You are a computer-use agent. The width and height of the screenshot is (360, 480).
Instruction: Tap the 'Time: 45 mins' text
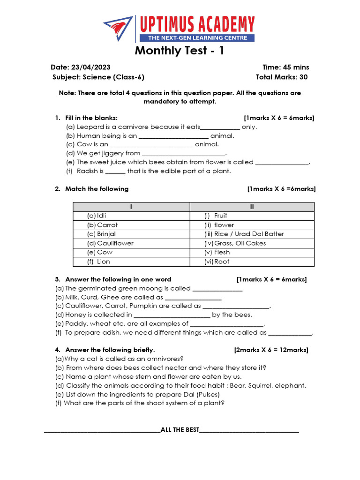tap(286, 67)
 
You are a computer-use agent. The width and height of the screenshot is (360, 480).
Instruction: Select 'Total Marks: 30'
tap(282, 77)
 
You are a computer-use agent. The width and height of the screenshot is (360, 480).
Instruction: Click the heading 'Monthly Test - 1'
tap(180, 51)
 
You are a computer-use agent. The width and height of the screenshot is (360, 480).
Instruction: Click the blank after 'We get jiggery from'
tap(183, 153)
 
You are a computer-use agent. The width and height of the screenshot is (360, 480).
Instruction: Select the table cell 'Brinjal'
tap(106, 234)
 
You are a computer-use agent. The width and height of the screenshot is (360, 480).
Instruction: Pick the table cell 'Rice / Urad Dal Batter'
tap(249, 234)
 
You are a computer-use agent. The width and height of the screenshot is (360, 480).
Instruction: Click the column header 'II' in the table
tap(252, 207)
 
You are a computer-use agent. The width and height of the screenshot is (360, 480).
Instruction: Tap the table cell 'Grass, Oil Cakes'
tap(240, 243)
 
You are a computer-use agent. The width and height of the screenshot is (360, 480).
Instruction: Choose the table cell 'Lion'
tap(103, 262)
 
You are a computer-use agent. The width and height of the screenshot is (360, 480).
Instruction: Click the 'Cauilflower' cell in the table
tap(115, 243)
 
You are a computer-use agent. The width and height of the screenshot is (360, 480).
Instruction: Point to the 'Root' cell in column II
tap(222, 262)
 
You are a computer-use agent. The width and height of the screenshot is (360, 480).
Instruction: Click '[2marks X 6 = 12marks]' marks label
tap(271, 350)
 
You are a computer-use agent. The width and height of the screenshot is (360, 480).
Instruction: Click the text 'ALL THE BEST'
tap(180, 430)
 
